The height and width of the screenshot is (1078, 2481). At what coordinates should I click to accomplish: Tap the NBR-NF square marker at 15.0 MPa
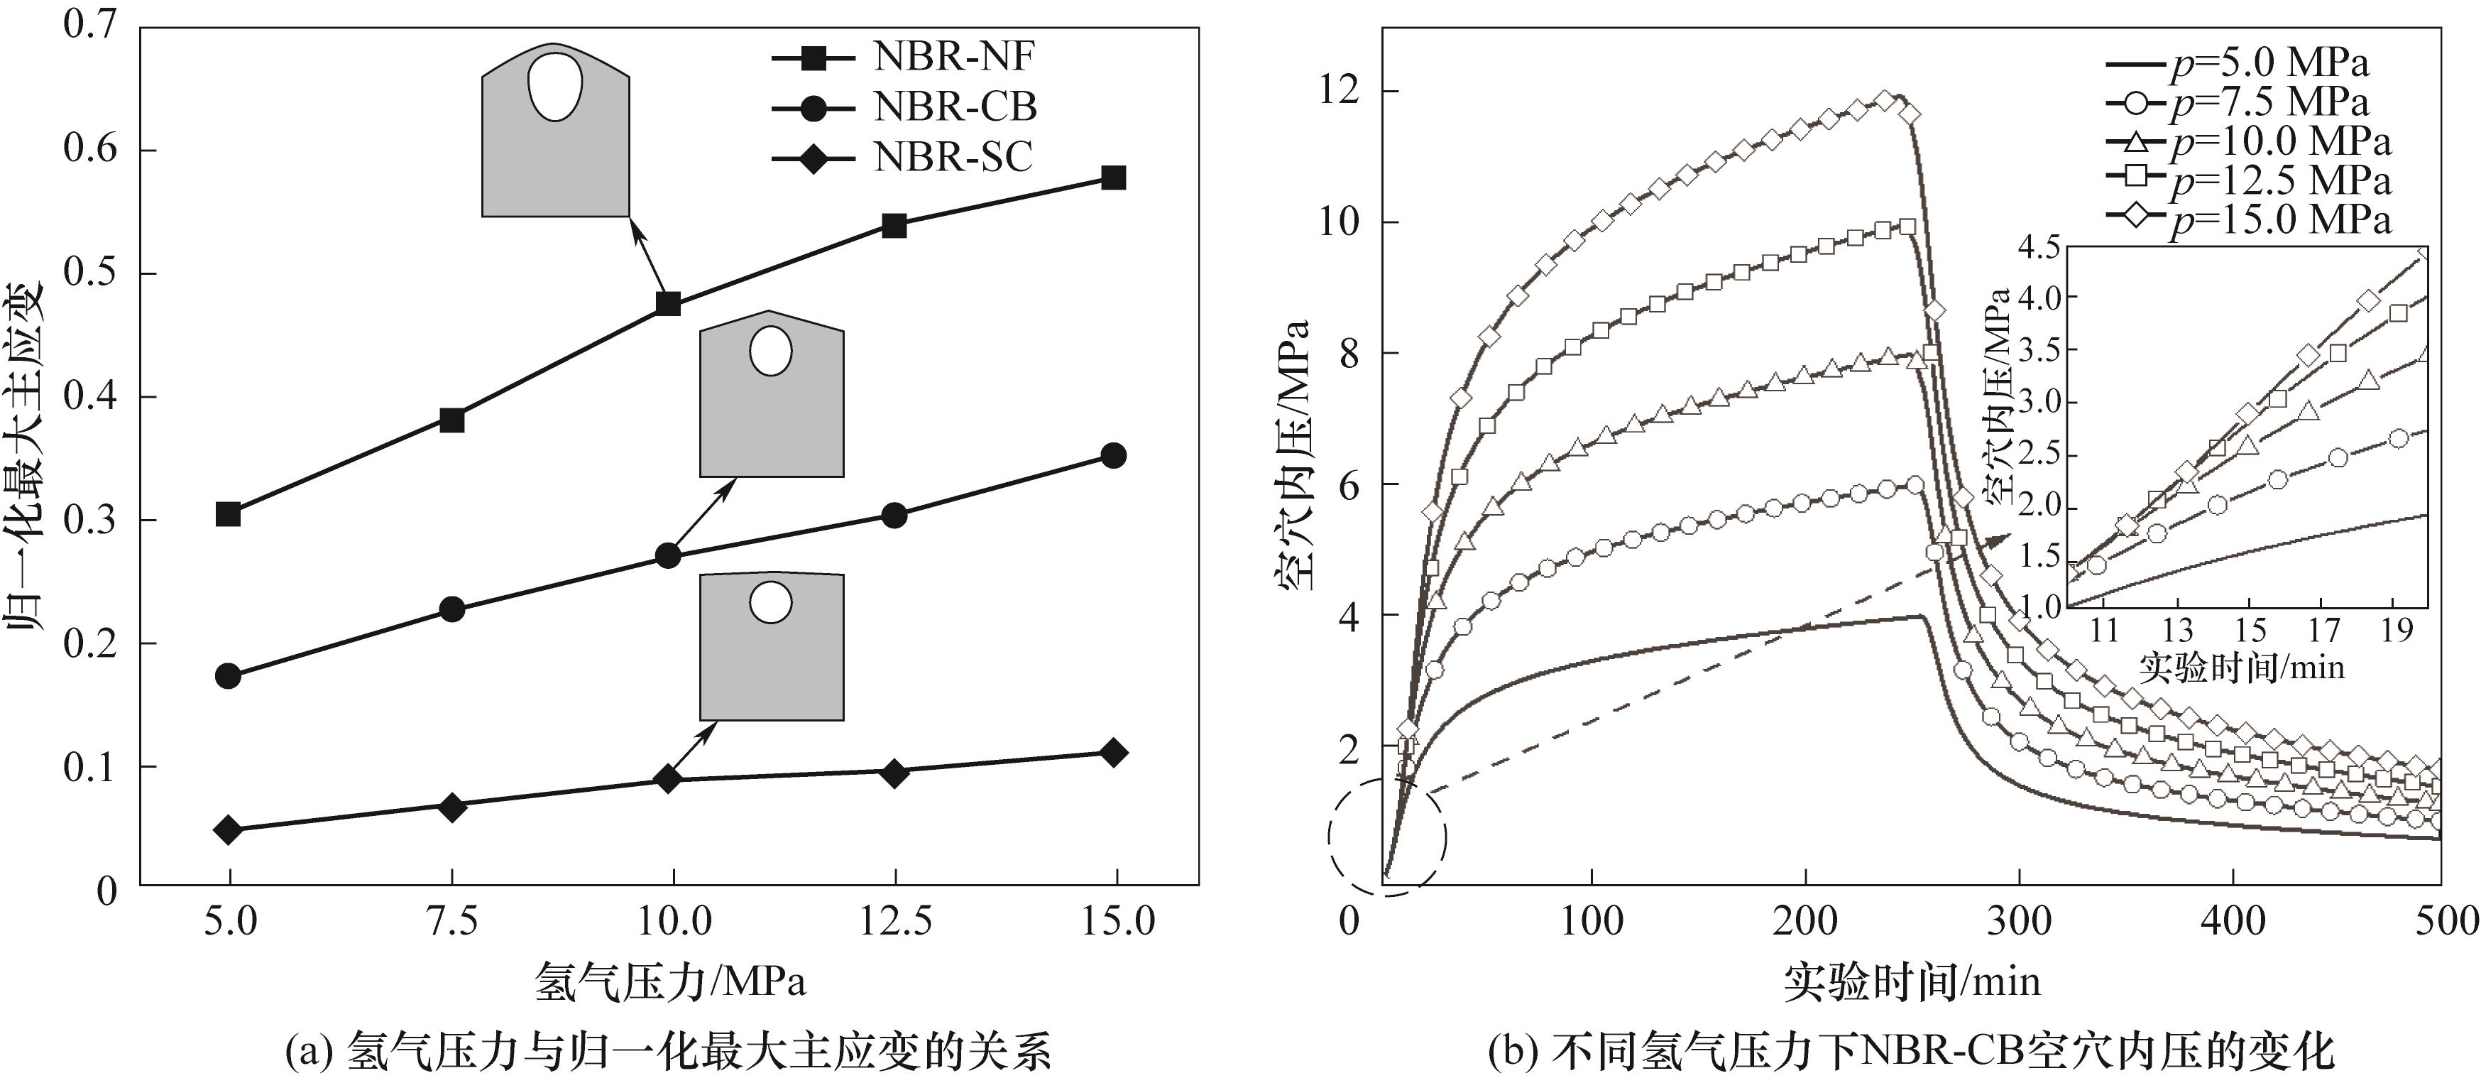[1113, 178]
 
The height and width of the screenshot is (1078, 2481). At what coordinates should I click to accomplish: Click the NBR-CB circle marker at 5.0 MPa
[229, 675]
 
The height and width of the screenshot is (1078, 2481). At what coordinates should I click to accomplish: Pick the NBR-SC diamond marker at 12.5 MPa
[894, 772]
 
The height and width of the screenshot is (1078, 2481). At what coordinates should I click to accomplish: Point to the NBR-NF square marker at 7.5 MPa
[451, 420]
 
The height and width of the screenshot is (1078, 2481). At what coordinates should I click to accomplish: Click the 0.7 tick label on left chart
[89, 25]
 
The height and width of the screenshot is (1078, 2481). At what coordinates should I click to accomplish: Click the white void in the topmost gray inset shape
[554, 87]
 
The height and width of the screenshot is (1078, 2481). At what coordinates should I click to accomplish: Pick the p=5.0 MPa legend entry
[2250, 64]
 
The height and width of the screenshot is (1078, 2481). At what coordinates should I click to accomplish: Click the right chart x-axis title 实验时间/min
[1911, 981]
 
